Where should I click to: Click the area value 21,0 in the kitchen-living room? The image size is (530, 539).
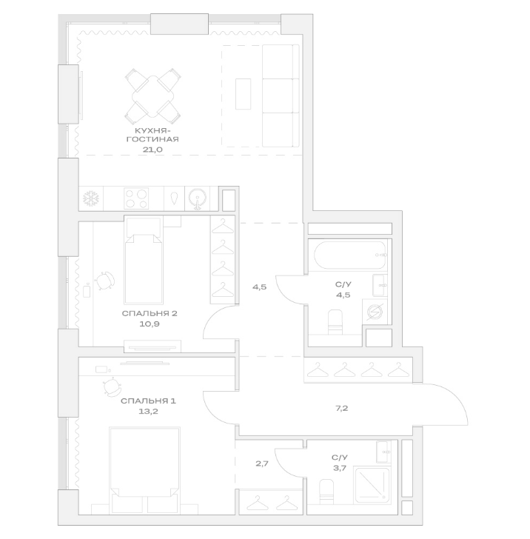[x=152, y=150]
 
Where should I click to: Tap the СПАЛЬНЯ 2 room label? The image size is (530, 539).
[x=150, y=313]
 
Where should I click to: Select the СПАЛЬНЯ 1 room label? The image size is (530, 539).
[x=148, y=401]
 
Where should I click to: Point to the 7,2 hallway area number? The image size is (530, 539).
[x=342, y=408]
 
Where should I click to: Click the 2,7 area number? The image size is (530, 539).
[x=262, y=463]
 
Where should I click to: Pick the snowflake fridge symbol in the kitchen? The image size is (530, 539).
[x=91, y=198]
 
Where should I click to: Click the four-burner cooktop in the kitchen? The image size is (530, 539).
[x=136, y=198]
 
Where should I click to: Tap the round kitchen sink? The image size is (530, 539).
[x=198, y=198]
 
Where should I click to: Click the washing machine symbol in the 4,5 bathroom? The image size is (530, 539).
[x=375, y=312]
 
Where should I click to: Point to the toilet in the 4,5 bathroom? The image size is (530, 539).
[x=335, y=322]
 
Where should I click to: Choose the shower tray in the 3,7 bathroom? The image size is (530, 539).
[x=372, y=485]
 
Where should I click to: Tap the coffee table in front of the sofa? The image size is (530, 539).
[x=243, y=94]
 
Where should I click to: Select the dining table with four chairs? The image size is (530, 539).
[x=152, y=96]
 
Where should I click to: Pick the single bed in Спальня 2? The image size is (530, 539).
[x=144, y=260]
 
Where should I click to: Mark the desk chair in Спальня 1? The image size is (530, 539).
[x=113, y=386]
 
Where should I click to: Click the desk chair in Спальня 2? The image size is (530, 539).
[x=104, y=281]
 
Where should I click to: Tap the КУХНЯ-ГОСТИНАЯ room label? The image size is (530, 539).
[x=152, y=135]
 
